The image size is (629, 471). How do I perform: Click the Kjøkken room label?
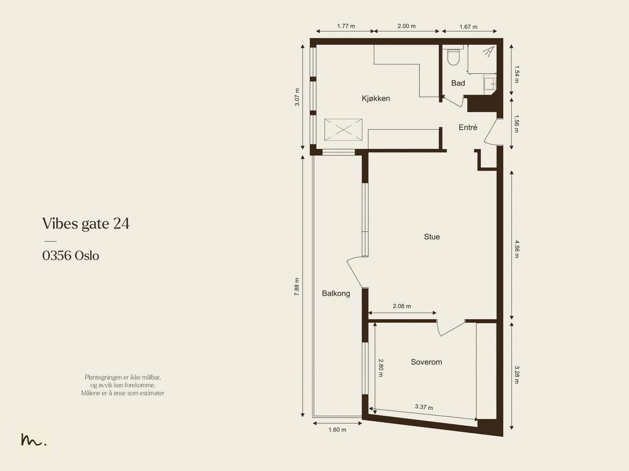click(376, 99)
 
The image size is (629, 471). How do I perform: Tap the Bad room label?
click(458, 83)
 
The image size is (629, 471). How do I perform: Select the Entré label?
click(468, 127)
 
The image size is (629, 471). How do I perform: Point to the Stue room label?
click(432, 237)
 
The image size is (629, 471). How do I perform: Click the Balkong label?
click(336, 294)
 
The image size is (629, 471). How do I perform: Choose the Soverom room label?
click(427, 362)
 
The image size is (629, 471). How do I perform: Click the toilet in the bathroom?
click(453, 57)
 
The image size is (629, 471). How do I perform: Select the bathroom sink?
click(490, 84)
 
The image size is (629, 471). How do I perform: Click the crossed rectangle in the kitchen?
click(343, 130)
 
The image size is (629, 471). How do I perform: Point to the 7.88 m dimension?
click(296, 287)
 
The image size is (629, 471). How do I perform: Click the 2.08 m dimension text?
click(402, 306)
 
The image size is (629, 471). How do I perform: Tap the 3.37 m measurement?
click(424, 407)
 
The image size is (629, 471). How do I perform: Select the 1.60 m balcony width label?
click(337, 430)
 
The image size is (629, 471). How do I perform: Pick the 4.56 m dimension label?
click(517, 249)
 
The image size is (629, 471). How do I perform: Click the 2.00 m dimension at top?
click(406, 26)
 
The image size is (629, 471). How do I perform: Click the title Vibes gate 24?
click(86, 224)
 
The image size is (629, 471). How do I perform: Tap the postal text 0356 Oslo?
click(71, 256)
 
